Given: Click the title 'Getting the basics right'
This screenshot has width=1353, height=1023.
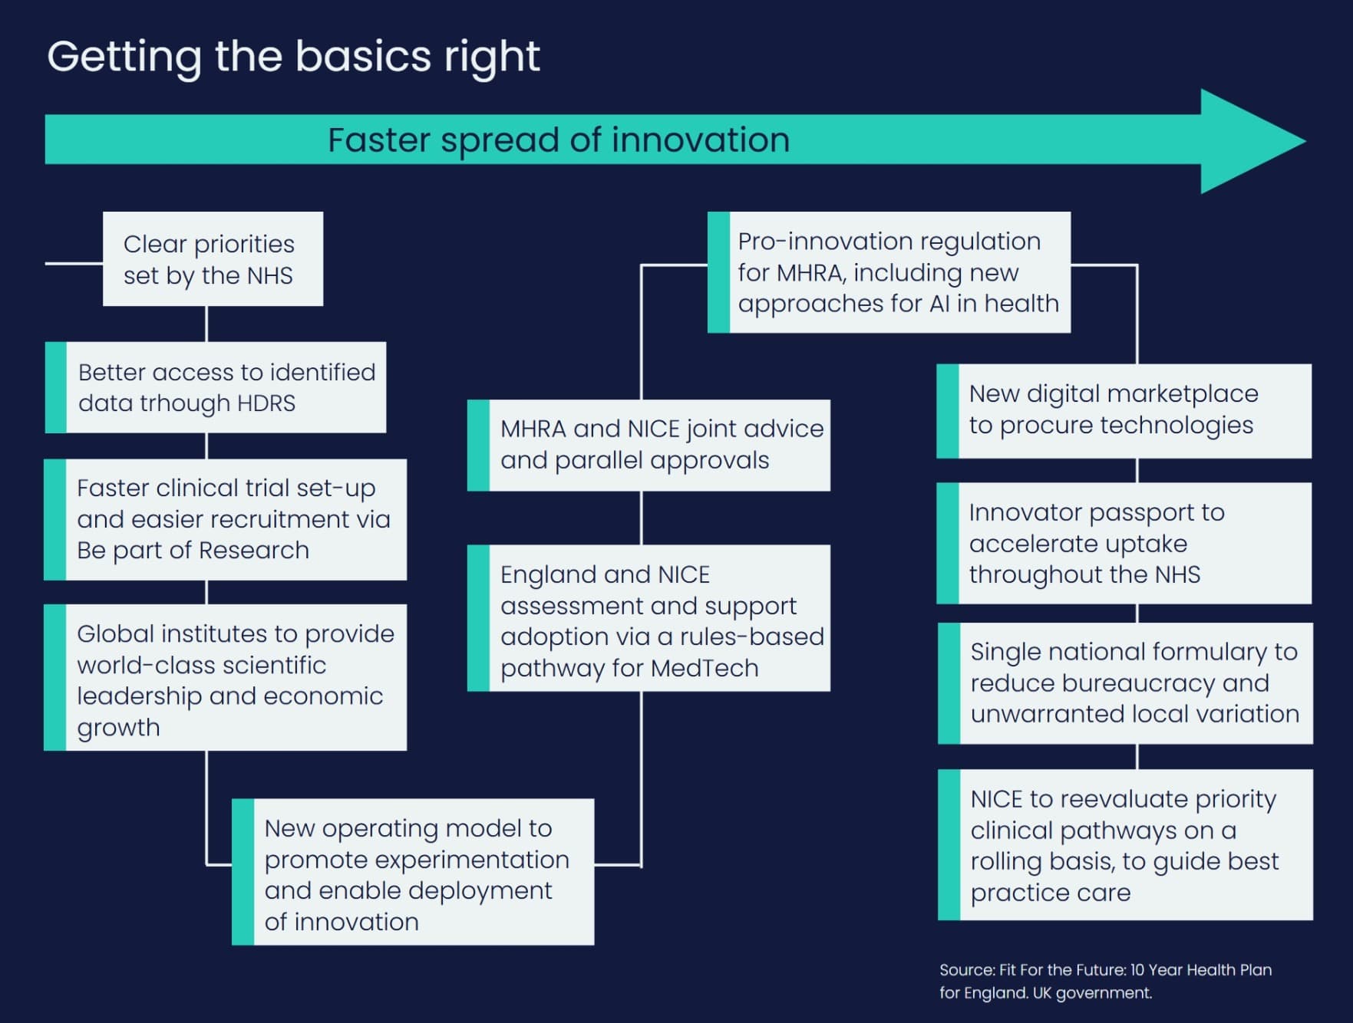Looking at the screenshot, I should click(293, 57).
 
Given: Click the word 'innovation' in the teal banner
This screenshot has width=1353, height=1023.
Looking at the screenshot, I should click(700, 140).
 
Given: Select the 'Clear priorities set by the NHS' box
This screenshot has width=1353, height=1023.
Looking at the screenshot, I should click(213, 259).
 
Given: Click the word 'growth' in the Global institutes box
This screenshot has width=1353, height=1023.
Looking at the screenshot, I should click(118, 727).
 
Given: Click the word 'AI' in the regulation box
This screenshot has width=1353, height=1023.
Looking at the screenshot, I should click(939, 304).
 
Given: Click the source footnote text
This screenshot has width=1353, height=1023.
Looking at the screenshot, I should click(1104, 981).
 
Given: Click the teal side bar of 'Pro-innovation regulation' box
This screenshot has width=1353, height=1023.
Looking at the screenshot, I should click(718, 272).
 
